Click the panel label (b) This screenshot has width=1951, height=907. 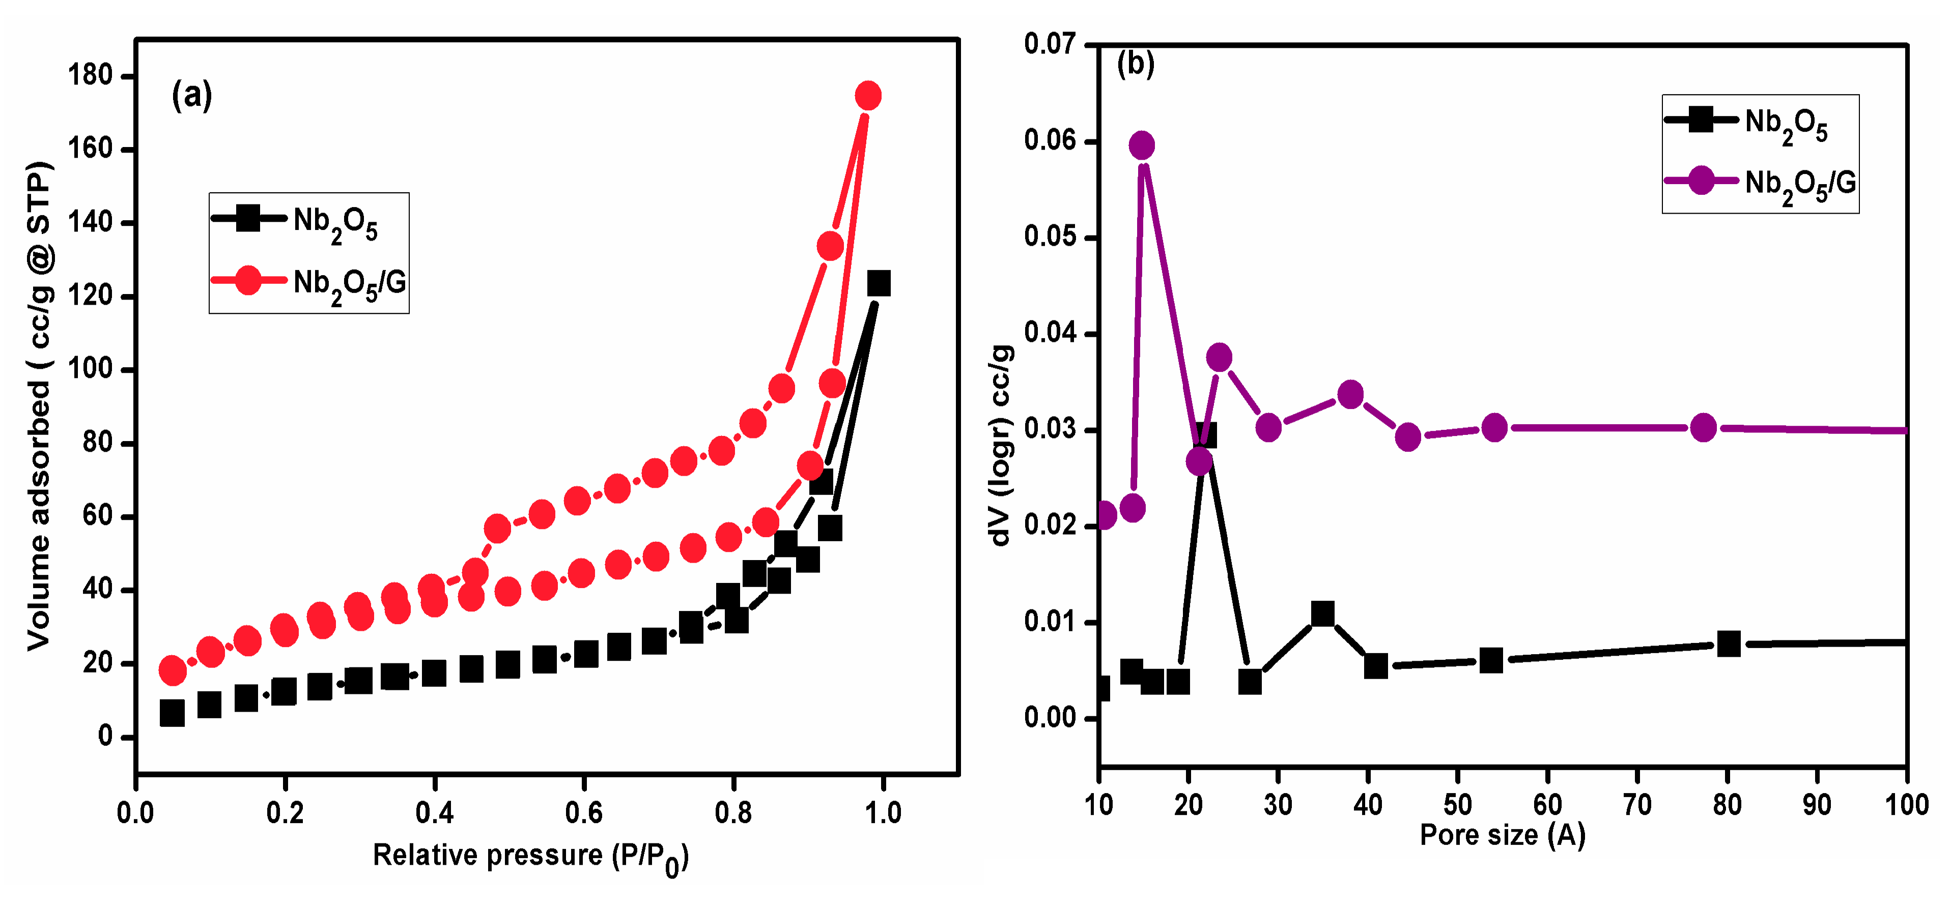click(1135, 64)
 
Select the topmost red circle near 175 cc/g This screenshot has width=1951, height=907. click(868, 96)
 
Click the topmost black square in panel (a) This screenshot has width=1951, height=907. click(878, 283)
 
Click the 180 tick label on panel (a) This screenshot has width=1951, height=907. click(90, 76)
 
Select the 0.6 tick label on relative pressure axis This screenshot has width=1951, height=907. click(583, 813)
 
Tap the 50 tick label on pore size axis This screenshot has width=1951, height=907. click(1457, 804)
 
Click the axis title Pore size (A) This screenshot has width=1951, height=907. click(1502, 835)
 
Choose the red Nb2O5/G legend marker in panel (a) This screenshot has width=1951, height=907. click(248, 281)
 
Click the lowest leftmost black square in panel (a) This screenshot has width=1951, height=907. click(172, 713)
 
